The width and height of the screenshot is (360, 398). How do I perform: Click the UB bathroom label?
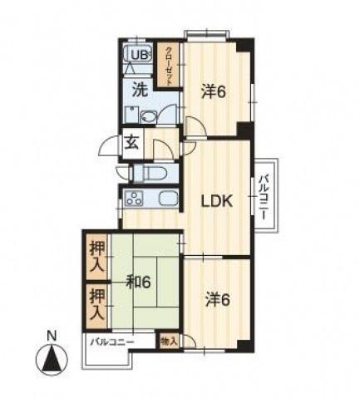click(139, 56)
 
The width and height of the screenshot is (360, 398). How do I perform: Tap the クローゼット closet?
click(168, 65)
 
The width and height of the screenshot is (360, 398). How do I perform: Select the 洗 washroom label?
click(140, 90)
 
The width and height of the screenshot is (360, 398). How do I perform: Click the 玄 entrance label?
click(131, 143)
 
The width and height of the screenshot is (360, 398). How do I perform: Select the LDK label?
click(217, 201)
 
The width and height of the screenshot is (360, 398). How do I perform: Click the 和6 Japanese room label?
click(138, 283)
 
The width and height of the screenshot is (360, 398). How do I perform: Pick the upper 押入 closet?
click(97, 258)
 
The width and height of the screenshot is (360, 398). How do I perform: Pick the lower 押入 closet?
click(97, 305)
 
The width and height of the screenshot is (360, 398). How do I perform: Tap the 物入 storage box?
click(169, 341)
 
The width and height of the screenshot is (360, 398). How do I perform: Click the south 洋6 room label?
click(218, 300)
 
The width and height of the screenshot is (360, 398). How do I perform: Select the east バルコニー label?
click(264, 197)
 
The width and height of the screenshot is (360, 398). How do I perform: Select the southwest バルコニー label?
click(113, 341)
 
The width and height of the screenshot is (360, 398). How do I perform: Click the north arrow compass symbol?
click(52, 361)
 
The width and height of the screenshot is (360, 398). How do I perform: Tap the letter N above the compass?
click(52, 336)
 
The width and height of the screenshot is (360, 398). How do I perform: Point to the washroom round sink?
click(147, 117)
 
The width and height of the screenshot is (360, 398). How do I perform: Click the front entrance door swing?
click(111, 146)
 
